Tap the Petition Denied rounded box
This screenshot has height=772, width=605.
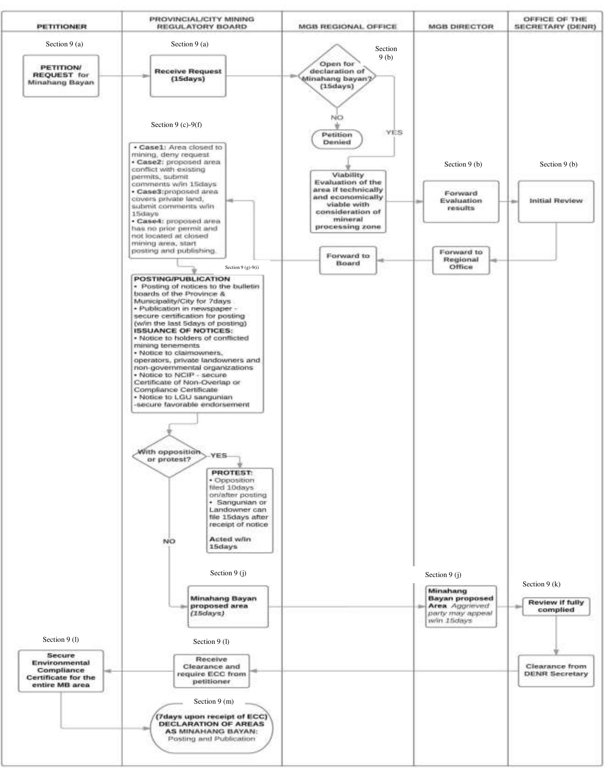(x=337, y=138)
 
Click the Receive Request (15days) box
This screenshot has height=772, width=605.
(x=188, y=75)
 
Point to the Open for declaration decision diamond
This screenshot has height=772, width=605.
(x=337, y=75)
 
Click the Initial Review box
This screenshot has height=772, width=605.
(x=556, y=201)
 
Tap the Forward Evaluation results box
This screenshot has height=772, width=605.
(x=461, y=201)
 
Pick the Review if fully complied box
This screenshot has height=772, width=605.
(x=556, y=606)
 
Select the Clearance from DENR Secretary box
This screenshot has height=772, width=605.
(x=556, y=671)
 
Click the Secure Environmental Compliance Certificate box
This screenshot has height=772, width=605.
(x=61, y=671)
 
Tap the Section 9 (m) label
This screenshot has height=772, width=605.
(x=214, y=701)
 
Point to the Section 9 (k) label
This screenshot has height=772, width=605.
(x=541, y=584)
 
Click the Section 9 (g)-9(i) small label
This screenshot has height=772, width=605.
(x=242, y=267)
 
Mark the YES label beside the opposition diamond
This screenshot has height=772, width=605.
(x=219, y=455)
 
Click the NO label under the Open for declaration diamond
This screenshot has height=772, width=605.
(x=337, y=118)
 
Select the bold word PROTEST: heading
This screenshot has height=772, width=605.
(x=232, y=473)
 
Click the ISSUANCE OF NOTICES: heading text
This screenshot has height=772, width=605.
(x=183, y=330)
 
